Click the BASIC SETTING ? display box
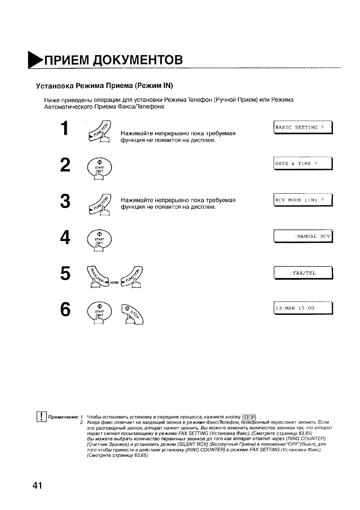pyautogui.click(x=303, y=128)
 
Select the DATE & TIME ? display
pyautogui.click(x=303, y=163)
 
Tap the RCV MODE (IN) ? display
pyautogui.click(x=303, y=200)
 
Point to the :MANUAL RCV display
pyautogui.click(x=303, y=236)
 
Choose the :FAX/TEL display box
pyautogui.click(x=303, y=273)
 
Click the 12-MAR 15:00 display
pyautogui.click(x=303, y=308)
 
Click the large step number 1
pyautogui.click(x=65, y=128)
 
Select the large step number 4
pyautogui.click(x=65, y=237)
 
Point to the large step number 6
pyautogui.click(x=65, y=309)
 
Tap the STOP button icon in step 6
pyautogui.click(x=132, y=314)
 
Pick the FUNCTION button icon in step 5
pyautogui.click(x=132, y=277)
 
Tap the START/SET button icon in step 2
pyautogui.click(x=100, y=169)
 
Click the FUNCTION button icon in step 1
pyautogui.click(x=100, y=132)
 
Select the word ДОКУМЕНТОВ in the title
pyautogui.click(x=138, y=60)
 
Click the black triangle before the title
pyautogui.click(x=35, y=60)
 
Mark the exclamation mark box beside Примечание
pyautogui.click(x=42, y=416)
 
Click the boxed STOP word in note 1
pyautogui.click(x=249, y=417)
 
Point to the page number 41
pyautogui.click(x=37, y=485)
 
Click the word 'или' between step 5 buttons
pyautogui.click(x=114, y=282)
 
